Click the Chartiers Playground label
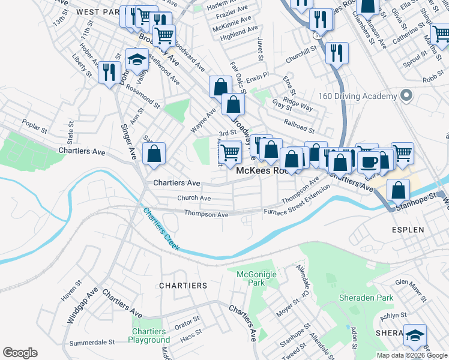(149, 335)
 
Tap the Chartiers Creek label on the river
(161, 229)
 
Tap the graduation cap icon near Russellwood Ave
(137, 59)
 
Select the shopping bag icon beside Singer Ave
(155, 154)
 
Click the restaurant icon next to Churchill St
(337, 53)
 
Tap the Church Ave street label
(194, 198)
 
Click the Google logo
(20, 353)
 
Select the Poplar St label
(34, 128)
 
